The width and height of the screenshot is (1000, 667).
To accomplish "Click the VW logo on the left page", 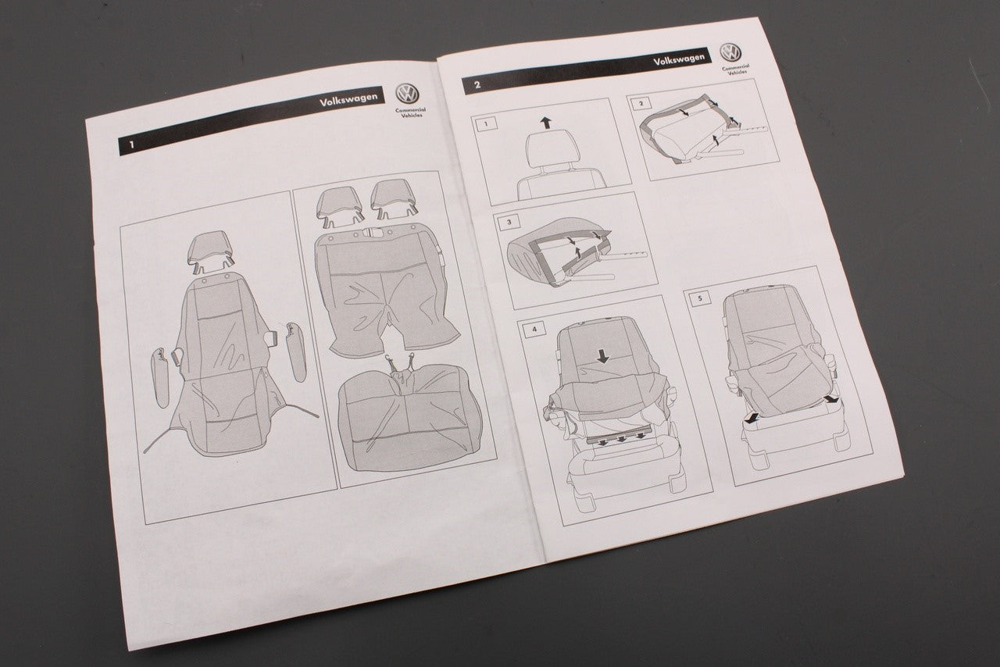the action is click(x=407, y=94).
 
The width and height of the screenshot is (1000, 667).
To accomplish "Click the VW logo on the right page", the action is click(x=730, y=52).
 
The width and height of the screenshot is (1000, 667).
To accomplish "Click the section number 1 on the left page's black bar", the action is click(x=131, y=144).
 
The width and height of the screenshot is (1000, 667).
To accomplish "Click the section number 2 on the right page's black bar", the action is click(x=477, y=85).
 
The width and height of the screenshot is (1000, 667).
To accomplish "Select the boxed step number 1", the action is click(x=486, y=123).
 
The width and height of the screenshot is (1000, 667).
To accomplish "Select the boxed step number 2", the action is click(x=641, y=104).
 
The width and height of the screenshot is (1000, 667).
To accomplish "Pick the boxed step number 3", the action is click(x=509, y=222).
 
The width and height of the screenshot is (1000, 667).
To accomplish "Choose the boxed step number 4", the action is click(x=534, y=330).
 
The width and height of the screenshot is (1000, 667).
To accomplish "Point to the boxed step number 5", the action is click(x=699, y=298).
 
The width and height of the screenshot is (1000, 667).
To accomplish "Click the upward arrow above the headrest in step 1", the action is click(x=545, y=122).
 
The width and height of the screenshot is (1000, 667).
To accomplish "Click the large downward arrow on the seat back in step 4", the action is click(x=602, y=356).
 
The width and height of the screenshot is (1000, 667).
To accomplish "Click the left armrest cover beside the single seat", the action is click(x=162, y=378).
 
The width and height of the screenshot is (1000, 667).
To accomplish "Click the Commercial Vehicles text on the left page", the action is click(x=410, y=112).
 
